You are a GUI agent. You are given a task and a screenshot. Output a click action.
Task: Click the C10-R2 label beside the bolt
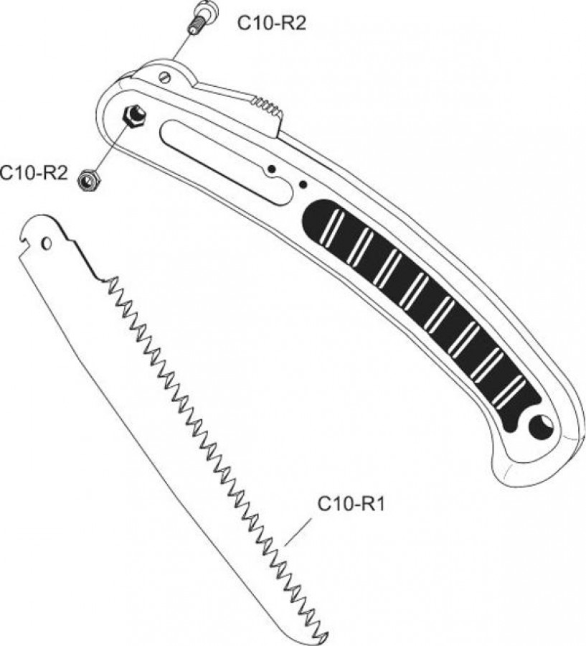tap(272, 24)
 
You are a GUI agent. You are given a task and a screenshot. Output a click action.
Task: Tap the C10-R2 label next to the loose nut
tap(34, 172)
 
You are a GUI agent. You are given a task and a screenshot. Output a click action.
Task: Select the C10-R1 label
tap(351, 504)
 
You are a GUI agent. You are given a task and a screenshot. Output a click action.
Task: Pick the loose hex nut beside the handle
tap(88, 179)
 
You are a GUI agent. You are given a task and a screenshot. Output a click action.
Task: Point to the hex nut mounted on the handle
tap(135, 116)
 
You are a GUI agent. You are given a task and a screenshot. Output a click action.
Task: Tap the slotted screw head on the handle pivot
tap(165, 78)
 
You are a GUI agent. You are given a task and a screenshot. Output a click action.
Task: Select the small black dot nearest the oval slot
tap(271, 169)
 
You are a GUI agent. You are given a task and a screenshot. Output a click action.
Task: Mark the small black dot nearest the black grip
tap(303, 184)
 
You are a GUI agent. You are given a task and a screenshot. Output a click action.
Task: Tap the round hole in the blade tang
tap(47, 244)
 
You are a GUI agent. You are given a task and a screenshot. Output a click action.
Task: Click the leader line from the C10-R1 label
tap(298, 531)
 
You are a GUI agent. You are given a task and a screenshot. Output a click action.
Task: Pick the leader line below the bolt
tap(181, 47)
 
